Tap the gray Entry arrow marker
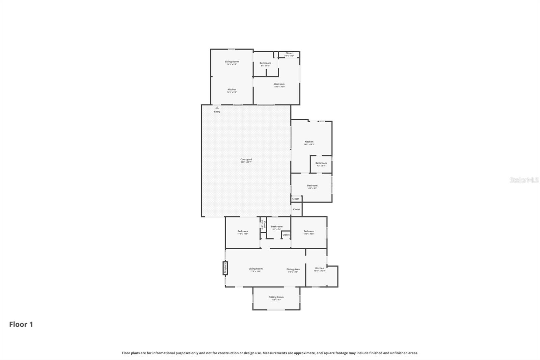tap(217, 108)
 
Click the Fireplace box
tap(225, 268)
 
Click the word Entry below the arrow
tap(217, 112)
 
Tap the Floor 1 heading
tap(21, 325)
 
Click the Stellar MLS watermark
tap(524, 180)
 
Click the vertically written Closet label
tap(264, 225)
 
